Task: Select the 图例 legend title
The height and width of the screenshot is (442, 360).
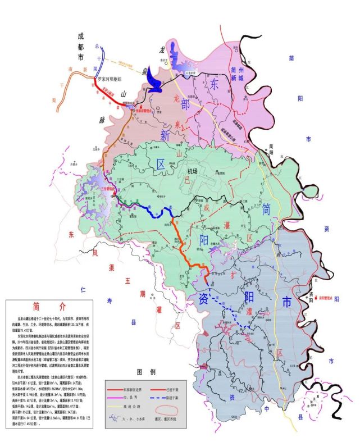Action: [145, 372]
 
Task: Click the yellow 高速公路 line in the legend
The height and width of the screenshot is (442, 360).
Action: [123, 403]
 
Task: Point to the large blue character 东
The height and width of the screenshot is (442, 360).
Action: [216, 84]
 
